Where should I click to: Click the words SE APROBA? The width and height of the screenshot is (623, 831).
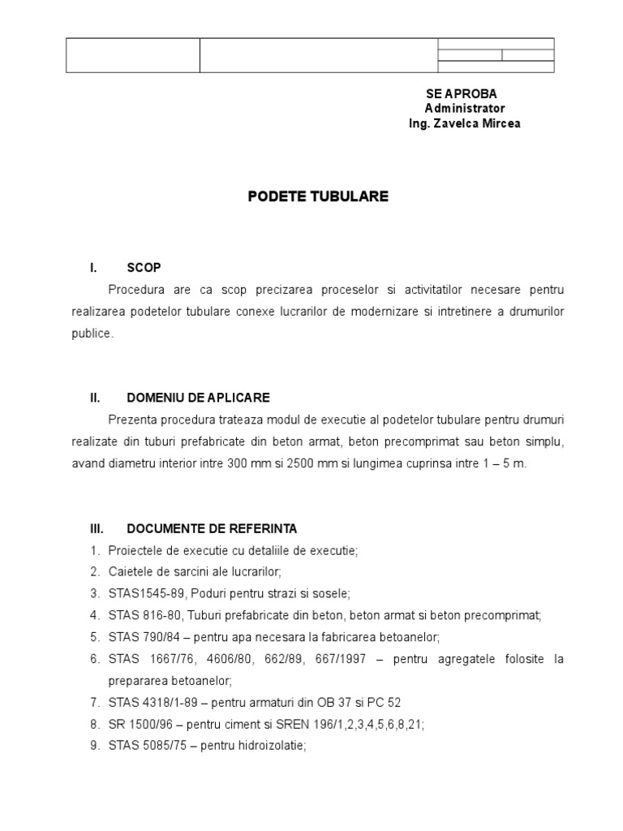(461, 94)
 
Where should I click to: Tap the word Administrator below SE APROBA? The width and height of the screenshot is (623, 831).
(465, 109)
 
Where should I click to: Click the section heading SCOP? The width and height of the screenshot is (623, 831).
(144, 268)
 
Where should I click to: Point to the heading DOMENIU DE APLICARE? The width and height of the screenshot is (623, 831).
(198, 398)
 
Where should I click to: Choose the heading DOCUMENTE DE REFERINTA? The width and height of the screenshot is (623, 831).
(212, 528)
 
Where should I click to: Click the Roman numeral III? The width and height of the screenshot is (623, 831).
(97, 528)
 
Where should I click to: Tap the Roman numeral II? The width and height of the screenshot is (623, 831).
(95, 398)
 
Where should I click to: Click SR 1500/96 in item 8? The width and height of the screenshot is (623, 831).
(133, 724)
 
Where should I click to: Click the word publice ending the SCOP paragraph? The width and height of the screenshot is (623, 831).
(92, 334)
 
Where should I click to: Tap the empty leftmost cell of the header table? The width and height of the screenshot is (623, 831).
(132, 55)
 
